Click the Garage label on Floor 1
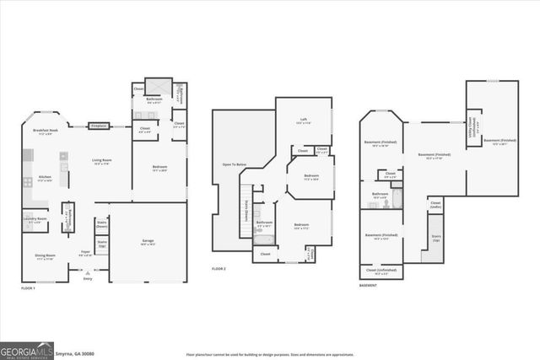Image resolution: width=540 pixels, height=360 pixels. pos(148,242)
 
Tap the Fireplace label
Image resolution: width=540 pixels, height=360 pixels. pos(98,126)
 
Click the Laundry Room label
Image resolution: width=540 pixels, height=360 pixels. pos(35,219)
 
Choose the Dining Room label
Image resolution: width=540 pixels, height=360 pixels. pos(46,258)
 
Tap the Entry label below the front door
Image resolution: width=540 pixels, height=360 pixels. pos(88,279)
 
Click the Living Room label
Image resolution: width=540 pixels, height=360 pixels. pos(102,162)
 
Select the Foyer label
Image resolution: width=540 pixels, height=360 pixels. pos(85,254)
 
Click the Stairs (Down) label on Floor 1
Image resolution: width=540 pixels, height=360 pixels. pos(102,226)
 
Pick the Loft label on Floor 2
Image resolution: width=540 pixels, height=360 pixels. pos(303,121)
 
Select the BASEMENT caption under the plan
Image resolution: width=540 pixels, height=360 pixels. pos(368,286)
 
